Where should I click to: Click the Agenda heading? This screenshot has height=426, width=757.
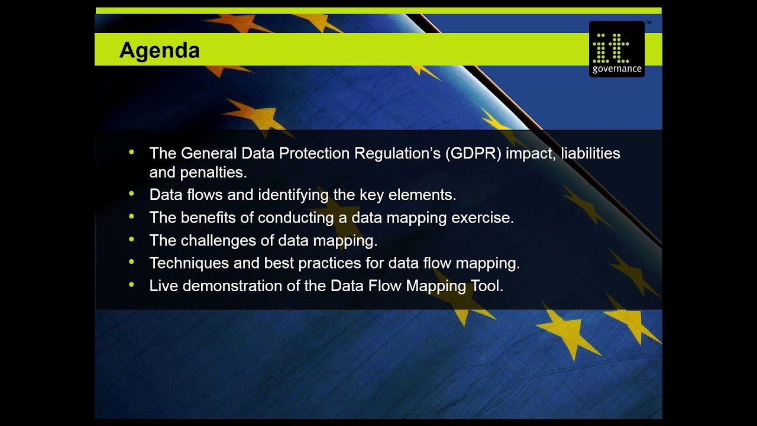coord(159,50)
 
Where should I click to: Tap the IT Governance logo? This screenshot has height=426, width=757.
coord(616,49)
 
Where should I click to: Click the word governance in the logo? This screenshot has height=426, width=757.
coord(616,69)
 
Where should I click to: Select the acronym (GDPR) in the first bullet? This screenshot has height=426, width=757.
coord(475,153)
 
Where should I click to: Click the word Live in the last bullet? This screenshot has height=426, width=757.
coord(163,286)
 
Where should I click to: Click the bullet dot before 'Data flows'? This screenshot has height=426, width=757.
coord(132,193)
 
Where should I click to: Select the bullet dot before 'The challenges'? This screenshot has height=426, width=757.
coord(132,240)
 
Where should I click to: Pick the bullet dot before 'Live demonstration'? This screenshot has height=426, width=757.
coord(132,285)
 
